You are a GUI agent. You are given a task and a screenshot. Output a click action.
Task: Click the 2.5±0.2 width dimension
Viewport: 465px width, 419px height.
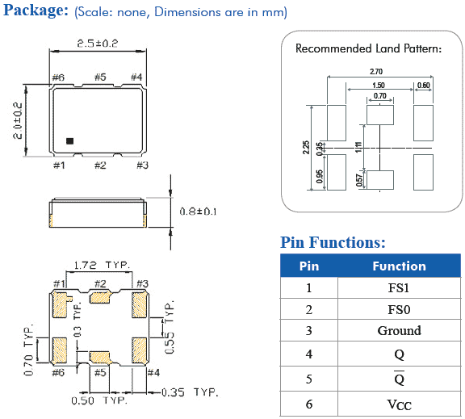click(98, 43)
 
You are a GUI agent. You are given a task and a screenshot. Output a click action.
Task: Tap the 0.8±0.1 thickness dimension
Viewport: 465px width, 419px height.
click(199, 212)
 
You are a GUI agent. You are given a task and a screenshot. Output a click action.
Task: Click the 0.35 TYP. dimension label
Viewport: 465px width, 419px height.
click(191, 392)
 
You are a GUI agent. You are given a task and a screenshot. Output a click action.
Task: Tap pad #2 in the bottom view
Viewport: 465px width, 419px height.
click(100, 299)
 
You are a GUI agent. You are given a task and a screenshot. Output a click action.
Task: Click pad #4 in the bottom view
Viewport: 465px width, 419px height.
click(138, 349)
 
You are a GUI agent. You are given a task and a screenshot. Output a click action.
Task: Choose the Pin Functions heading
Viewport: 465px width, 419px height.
click(333, 242)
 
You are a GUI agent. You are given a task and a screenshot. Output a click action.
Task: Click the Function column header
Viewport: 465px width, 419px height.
click(399, 266)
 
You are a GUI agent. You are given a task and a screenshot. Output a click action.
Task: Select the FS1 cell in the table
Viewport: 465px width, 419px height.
click(399, 287)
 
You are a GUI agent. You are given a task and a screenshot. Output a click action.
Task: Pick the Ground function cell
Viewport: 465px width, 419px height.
click(399, 331)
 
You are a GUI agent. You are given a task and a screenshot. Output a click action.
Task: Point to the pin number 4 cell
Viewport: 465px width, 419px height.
click(308, 354)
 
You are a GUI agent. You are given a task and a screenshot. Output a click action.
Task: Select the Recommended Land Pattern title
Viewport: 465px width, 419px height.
click(368, 48)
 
